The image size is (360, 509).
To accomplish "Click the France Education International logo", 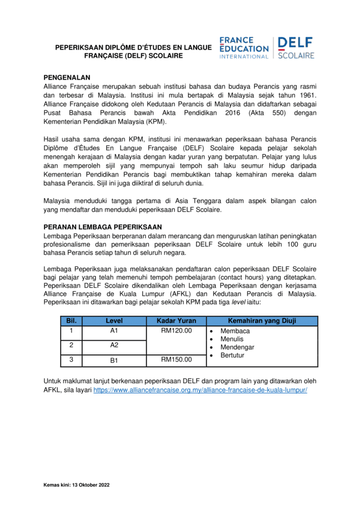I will [243, 48].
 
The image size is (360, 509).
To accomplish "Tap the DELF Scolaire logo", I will [295, 48].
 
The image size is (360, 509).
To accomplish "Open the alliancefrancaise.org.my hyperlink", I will [200, 390].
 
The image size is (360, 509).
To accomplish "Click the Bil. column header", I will [72, 320].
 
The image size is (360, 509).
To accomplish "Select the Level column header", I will [114, 320].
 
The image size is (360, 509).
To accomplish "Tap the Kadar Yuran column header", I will [177, 320].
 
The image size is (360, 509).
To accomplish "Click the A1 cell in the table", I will [114, 331].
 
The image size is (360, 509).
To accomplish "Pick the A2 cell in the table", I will [114, 345].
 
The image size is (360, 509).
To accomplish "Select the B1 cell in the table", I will [114, 361].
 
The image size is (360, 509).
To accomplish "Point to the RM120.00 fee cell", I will [177, 331].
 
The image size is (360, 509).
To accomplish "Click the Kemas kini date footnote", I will [76, 485].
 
